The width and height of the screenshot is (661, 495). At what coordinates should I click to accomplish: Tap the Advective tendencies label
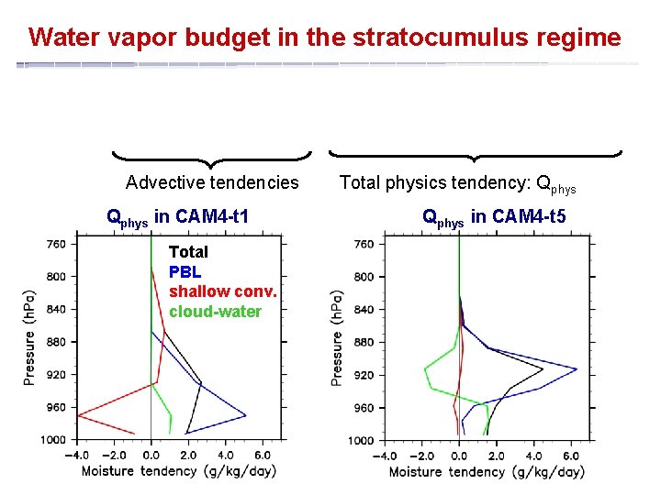tap(212, 182)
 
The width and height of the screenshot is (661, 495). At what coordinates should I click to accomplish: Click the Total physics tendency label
tap(457, 183)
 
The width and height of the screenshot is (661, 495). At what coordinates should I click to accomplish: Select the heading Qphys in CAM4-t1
tap(178, 217)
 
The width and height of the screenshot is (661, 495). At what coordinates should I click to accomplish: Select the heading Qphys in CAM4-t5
tap(493, 217)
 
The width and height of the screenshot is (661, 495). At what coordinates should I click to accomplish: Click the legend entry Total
tap(188, 251)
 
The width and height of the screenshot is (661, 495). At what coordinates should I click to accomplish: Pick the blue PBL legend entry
tap(185, 271)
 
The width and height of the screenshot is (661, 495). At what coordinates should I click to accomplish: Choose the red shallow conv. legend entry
tap(223, 291)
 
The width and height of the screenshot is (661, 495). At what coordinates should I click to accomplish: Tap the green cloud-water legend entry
tap(215, 312)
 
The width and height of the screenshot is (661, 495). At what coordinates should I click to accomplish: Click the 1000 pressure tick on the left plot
tap(53, 440)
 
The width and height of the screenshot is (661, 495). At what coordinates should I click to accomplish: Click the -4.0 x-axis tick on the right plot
tap(384, 456)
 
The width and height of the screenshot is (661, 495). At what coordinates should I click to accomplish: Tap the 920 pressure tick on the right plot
tap(363, 375)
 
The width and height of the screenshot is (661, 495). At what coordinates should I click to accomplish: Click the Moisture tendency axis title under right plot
tap(486, 473)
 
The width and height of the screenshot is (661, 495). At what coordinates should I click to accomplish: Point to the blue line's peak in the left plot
tap(245, 415)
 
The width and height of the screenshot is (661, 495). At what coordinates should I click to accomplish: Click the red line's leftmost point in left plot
tap(78, 415)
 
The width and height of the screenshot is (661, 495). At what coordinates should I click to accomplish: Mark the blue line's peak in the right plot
tap(576, 369)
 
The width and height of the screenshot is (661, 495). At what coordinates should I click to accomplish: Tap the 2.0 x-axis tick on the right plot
tap(496, 456)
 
